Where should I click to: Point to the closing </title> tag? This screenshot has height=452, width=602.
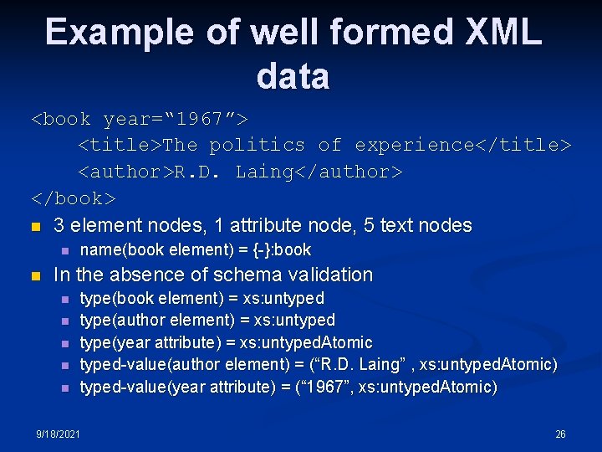pos(523,145)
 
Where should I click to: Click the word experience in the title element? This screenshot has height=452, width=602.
pos(415,145)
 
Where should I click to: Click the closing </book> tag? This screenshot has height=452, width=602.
pos(74,198)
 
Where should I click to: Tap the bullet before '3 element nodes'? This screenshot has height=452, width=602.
pos(34,226)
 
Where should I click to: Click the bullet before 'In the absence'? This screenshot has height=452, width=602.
pos(34,275)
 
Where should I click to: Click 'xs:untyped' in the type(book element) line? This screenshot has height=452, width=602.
pos(283,298)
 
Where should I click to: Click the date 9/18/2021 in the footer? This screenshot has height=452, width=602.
pos(58,434)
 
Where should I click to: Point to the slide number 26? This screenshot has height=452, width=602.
pos(560,434)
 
